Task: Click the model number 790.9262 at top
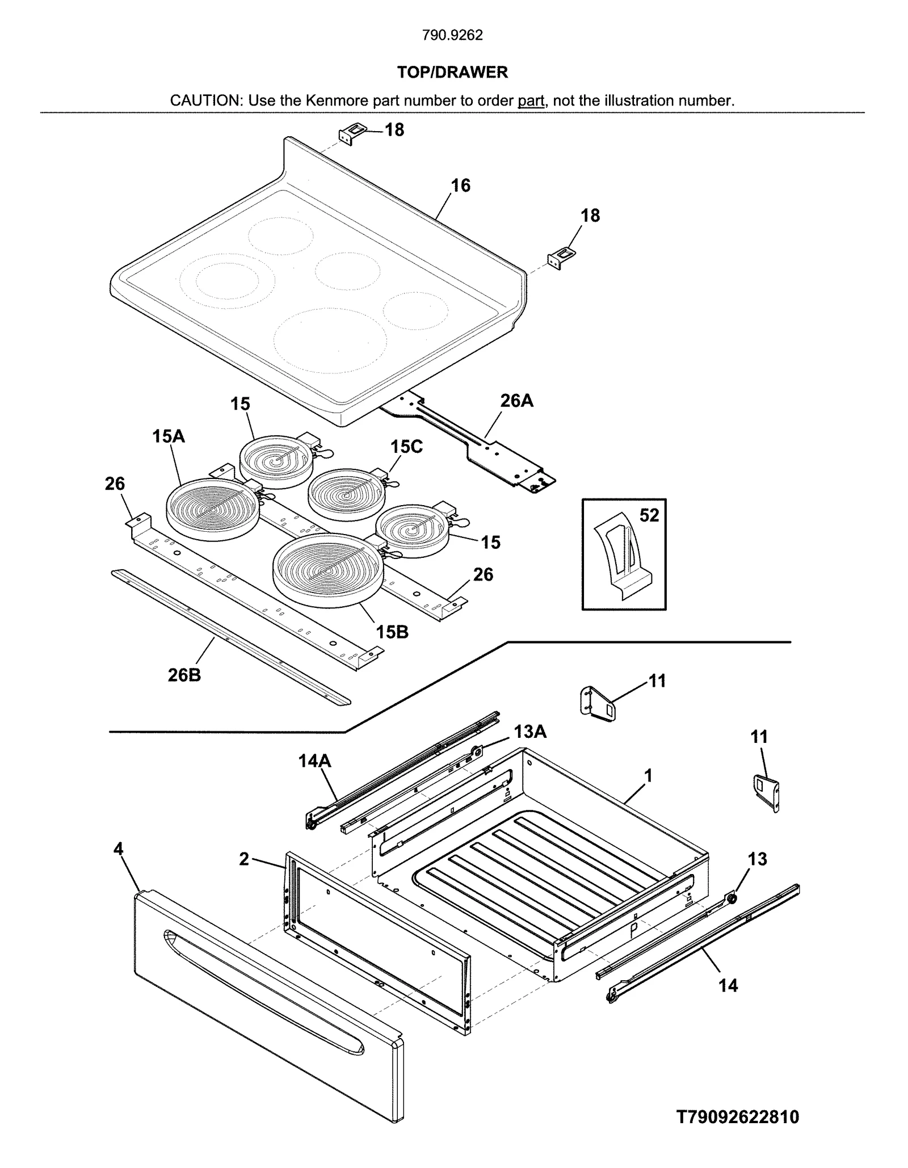coord(452,35)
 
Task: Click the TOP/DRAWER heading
coord(452,72)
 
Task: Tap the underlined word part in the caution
coord(531,101)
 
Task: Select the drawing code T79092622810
coord(738,1117)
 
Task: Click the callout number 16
coord(461,186)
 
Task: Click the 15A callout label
coord(169,436)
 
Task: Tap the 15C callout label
coord(406,447)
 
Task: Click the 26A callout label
coord(516,401)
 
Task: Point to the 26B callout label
coord(184,675)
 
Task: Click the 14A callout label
coord(315,761)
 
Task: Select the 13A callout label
coord(530,732)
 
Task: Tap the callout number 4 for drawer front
coord(118,849)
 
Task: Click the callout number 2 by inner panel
coord(244,859)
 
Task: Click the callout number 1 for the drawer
coord(648,775)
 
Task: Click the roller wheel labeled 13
coord(733,898)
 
